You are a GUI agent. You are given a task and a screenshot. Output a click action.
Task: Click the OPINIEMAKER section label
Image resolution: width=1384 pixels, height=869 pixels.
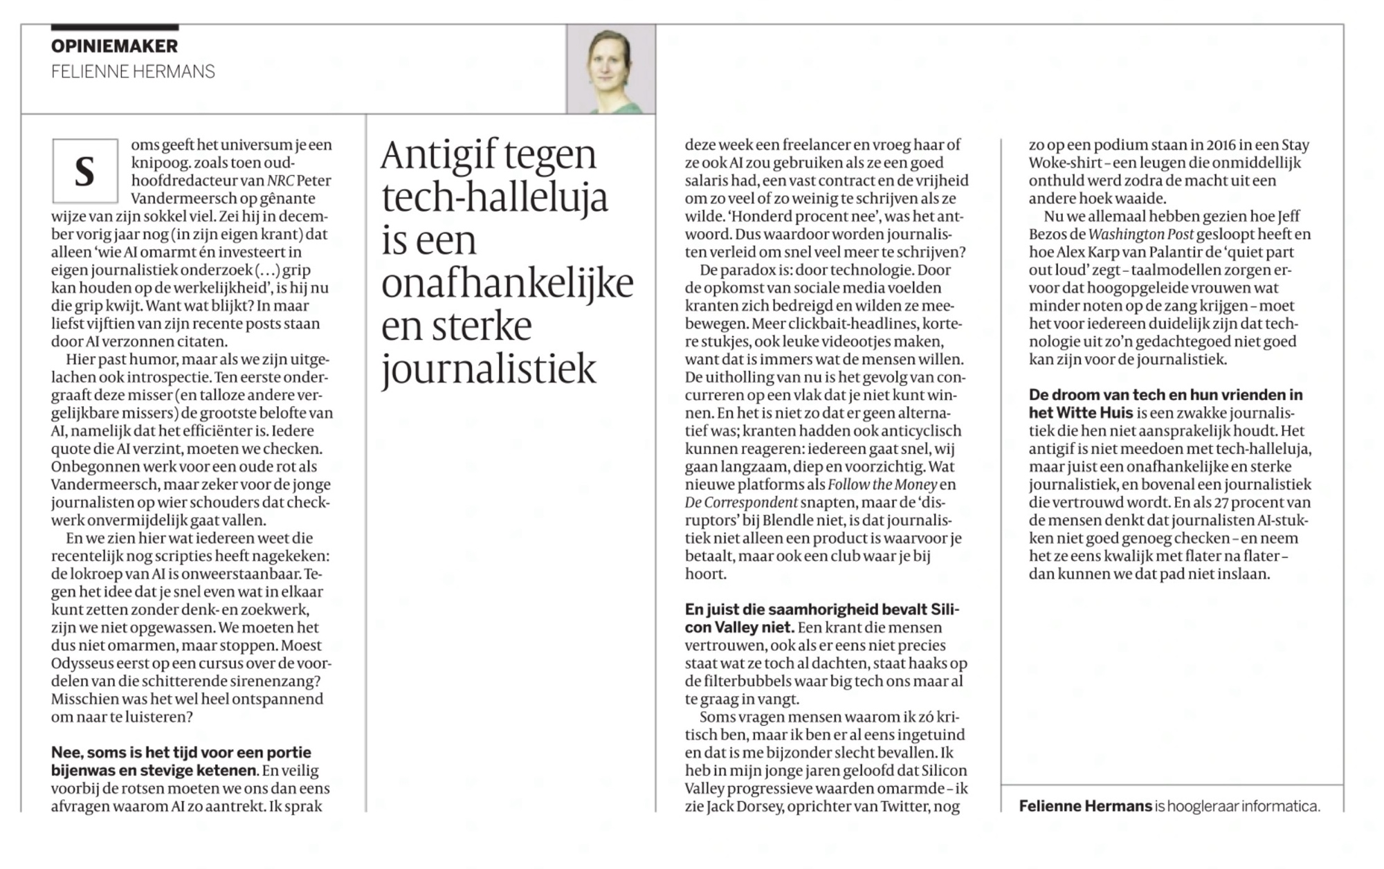click(114, 46)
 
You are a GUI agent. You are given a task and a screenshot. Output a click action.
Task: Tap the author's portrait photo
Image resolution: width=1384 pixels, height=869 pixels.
click(610, 69)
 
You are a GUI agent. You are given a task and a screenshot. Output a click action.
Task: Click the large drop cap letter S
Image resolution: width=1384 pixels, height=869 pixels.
click(84, 171)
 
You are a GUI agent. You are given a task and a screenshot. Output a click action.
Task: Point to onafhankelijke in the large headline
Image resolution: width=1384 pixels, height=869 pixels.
click(507, 284)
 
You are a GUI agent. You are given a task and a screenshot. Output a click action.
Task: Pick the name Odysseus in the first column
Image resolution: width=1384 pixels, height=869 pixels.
click(82, 663)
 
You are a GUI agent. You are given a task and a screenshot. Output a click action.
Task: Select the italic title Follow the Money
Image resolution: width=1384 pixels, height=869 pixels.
click(882, 484)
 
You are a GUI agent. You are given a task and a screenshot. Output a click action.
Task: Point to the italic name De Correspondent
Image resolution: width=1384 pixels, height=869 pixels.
click(741, 502)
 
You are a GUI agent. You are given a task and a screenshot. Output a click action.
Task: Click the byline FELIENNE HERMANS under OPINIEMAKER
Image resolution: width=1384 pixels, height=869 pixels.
click(133, 72)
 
